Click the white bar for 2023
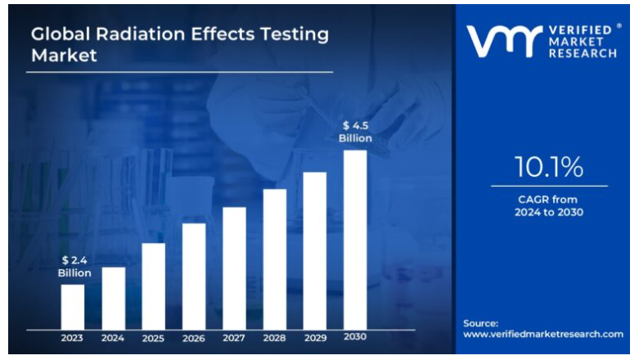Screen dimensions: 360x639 pos(73,306)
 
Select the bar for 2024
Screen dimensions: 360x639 pos(114,298)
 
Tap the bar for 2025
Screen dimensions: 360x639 pos(154,286)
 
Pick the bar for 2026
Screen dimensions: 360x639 pos(194,276)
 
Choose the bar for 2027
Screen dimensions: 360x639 pos(235,268)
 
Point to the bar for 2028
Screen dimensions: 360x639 pos(275,259)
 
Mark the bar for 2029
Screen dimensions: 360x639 pos(315,250)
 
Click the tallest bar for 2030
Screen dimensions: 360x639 pos(355,239)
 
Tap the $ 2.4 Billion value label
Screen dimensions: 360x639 pos(74,267)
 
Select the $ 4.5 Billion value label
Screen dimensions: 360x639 pos(356,132)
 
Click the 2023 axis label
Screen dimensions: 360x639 pos(73,337)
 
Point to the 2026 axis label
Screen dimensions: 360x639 pos(194,337)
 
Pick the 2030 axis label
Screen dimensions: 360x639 pos(355,337)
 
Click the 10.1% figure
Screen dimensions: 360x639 pos(549,167)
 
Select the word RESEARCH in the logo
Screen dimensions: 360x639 pos(583,53)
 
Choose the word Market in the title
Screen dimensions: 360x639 pos(64,56)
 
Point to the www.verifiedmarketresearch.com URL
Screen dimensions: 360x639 pos(543,334)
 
